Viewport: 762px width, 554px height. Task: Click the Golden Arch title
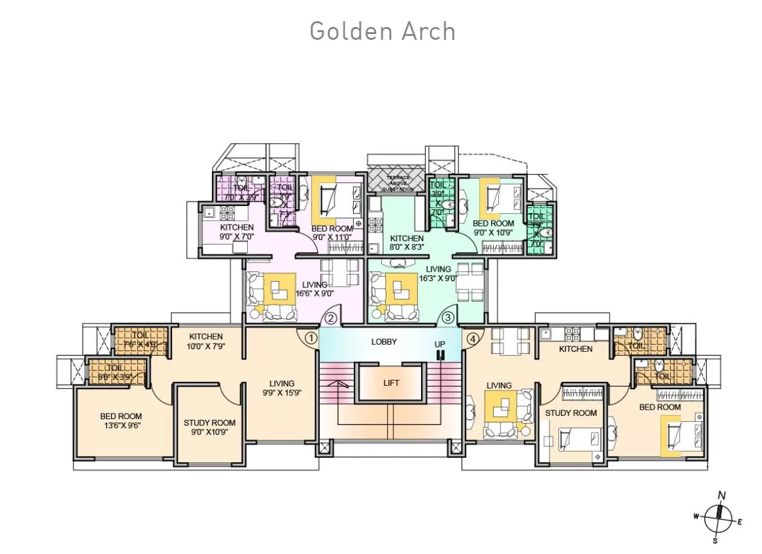pos(382,31)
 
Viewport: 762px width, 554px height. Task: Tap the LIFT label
pos(391,383)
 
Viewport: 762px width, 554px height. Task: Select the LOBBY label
pos(384,342)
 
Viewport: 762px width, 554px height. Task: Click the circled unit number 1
pos(311,337)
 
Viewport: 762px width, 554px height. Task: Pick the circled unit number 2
pos(331,317)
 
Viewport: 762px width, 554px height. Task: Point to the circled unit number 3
pos(448,317)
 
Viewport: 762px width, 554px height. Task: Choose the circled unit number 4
pos(473,338)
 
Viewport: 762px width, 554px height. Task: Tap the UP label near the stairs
pos(440,345)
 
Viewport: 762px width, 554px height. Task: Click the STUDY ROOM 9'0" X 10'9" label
pos(209,427)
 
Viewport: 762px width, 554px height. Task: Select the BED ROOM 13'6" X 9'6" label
pos(121,421)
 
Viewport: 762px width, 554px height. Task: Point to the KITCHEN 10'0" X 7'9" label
pos(206,342)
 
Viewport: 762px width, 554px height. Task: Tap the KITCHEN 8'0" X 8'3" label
pos(407,242)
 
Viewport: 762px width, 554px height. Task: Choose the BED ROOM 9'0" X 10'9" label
pos(494,228)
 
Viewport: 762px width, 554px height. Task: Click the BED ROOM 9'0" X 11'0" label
pos(332,232)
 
